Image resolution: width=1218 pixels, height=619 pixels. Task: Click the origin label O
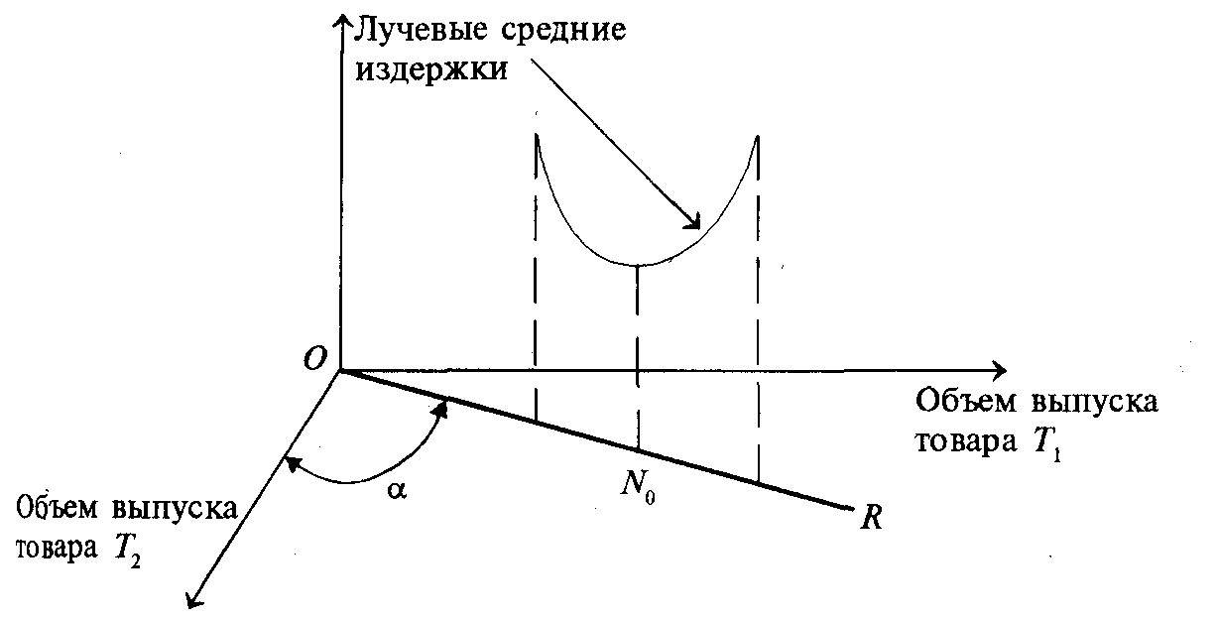314,360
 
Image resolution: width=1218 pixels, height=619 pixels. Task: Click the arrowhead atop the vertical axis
342,22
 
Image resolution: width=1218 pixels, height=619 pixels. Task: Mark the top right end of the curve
758,135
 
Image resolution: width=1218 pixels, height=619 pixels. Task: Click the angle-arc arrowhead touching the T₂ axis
289,460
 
